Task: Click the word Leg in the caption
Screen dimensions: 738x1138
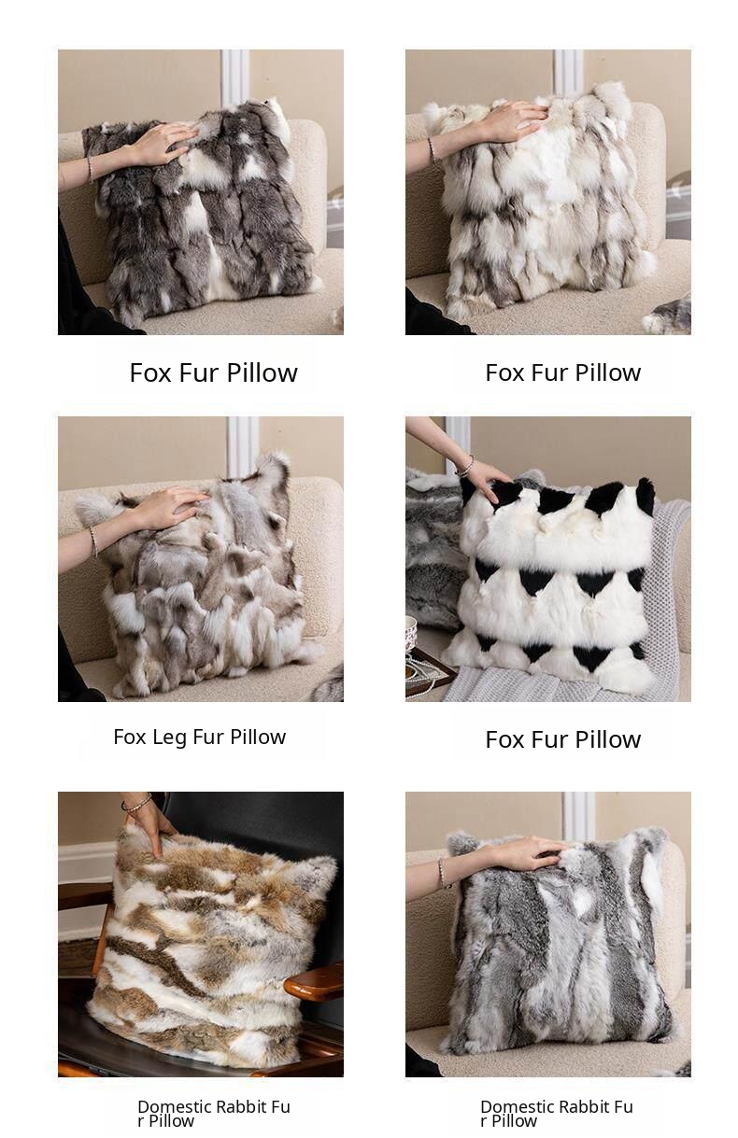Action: click(169, 738)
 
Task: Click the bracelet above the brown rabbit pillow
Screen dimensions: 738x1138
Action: click(136, 803)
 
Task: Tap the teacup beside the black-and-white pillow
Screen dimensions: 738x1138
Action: click(412, 633)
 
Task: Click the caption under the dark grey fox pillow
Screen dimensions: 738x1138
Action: click(214, 372)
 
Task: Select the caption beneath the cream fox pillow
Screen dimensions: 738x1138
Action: click(562, 372)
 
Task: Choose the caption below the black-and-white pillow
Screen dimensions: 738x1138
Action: click(562, 739)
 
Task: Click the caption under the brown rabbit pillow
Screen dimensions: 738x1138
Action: click(214, 1114)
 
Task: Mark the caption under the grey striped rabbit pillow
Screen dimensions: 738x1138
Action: click(557, 1114)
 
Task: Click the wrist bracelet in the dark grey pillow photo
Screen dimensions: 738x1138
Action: click(91, 170)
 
